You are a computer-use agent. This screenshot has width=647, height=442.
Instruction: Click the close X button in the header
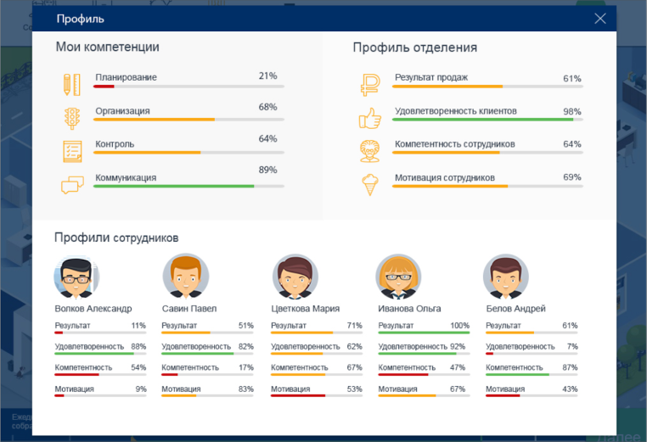pos(600,19)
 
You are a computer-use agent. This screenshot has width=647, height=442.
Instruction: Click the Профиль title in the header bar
pos(81,19)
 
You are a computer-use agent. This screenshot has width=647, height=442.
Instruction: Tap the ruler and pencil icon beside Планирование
pos(71,84)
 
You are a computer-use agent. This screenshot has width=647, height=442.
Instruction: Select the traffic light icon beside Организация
pos(71,117)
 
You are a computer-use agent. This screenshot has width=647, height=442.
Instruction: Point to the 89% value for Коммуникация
pos(267,170)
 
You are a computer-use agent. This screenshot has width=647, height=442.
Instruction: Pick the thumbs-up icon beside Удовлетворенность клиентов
pos(369,117)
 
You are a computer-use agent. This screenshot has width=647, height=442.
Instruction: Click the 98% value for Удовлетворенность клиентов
pos(571,112)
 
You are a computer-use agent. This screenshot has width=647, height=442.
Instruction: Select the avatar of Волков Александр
pos(76,276)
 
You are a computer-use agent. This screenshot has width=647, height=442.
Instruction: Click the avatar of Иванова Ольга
pos(398,276)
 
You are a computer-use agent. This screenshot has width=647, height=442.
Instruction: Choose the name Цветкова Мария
pos(306,309)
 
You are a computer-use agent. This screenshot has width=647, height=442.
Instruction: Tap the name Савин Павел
pos(188,309)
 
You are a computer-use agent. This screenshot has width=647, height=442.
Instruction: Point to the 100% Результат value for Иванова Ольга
pos(459,326)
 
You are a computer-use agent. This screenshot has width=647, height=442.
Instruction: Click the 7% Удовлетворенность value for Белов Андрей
pos(572,347)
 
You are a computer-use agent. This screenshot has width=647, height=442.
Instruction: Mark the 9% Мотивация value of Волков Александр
pos(140,389)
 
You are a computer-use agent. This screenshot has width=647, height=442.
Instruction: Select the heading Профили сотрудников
pos(115,238)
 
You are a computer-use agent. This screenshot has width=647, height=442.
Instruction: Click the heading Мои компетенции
pos(107,48)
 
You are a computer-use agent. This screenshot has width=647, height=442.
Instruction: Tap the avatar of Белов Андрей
pos(505,276)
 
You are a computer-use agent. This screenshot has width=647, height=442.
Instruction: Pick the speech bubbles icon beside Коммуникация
pos(72,185)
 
